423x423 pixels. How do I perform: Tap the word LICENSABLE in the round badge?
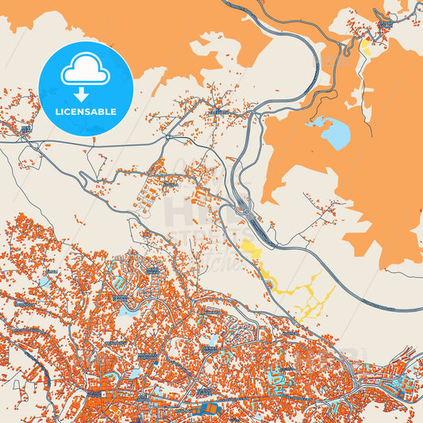86,112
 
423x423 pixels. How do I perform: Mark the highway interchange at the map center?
244,208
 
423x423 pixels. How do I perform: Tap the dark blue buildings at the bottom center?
210,410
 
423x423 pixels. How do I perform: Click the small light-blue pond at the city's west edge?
44,282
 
